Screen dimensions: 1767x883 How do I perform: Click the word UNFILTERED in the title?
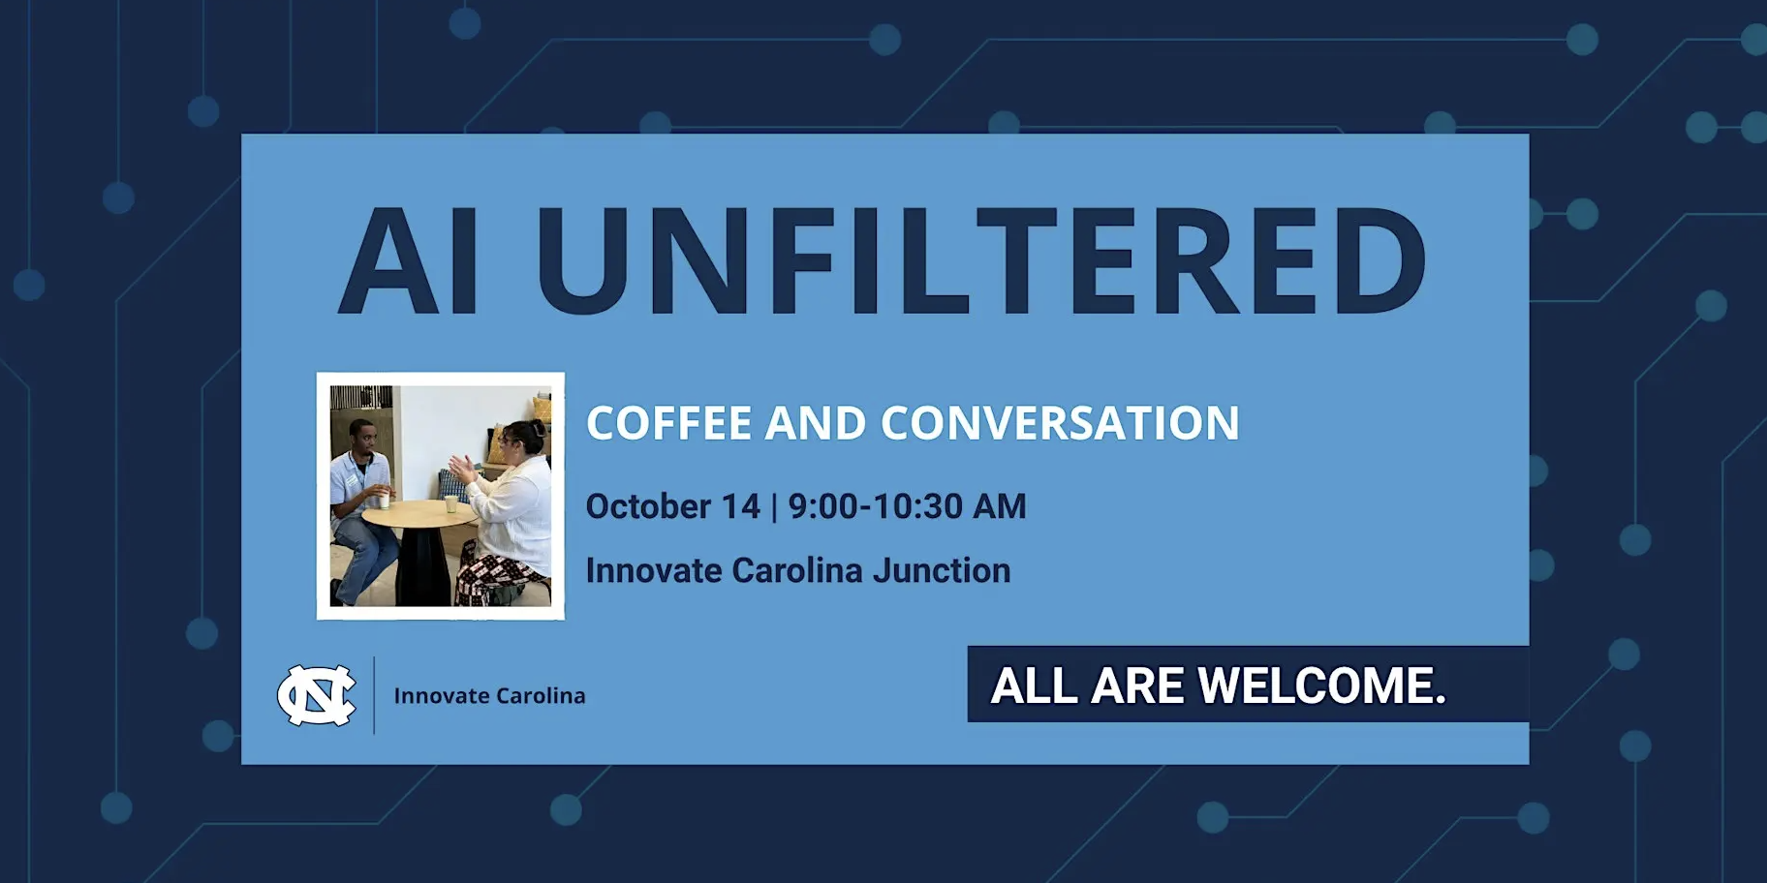pyautogui.click(x=980, y=260)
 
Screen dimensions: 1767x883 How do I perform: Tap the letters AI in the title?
pyautogui.click(x=408, y=260)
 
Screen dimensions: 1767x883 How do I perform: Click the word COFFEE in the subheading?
pyautogui.click(x=669, y=423)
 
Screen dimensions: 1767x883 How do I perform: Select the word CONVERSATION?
pyautogui.click(x=1060, y=423)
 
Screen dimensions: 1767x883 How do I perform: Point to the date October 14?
pyautogui.click(x=673, y=506)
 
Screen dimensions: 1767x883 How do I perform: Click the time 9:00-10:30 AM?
pyautogui.click(x=907, y=506)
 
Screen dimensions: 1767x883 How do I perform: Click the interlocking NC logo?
pyautogui.click(x=317, y=695)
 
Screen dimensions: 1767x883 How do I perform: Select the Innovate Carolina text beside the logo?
pyautogui.click(x=489, y=695)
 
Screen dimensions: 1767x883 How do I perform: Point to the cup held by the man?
pyautogui.click(x=385, y=500)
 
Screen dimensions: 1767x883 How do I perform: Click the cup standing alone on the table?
pyautogui.click(x=450, y=503)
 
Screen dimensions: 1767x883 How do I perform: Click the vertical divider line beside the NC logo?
pyautogui.click(x=375, y=695)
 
